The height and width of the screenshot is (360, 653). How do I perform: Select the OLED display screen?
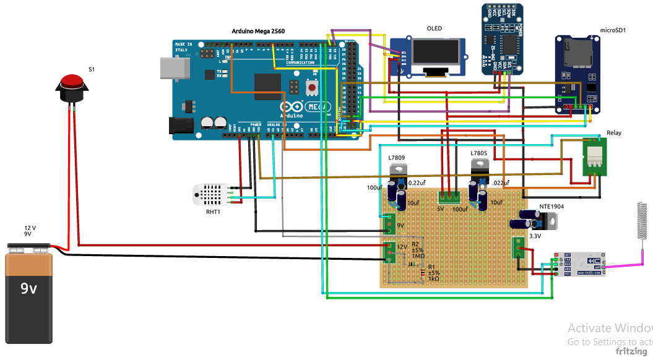[x=439, y=58]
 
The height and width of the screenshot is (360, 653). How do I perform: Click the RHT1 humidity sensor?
[x=209, y=194]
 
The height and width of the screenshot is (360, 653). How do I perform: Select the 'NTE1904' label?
[x=552, y=207]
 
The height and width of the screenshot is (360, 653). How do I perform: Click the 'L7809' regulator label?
[x=397, y=158]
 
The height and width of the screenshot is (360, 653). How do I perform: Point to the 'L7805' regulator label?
[x=478, y=153]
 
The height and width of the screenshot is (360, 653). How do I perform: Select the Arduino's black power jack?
[x=183, y=127]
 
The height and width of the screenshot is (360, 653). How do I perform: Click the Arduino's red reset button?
[x=312, y=88]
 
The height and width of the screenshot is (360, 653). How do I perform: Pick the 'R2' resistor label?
[x=415, y=245]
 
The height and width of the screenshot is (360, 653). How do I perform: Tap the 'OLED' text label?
[x=434, y=28]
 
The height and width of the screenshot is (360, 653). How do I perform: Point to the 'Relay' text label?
[x=614, y=133]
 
